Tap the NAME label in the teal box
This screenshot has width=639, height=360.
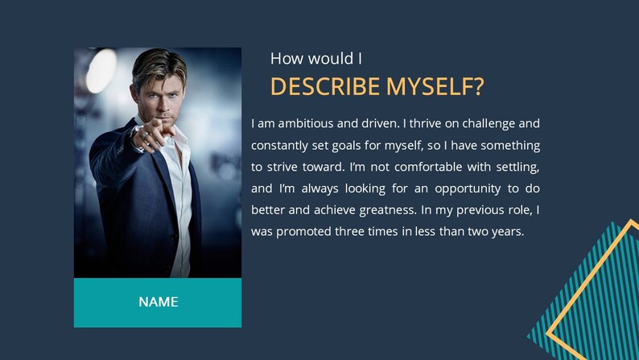coord(158,302)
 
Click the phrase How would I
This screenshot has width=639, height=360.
coord(316,58)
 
